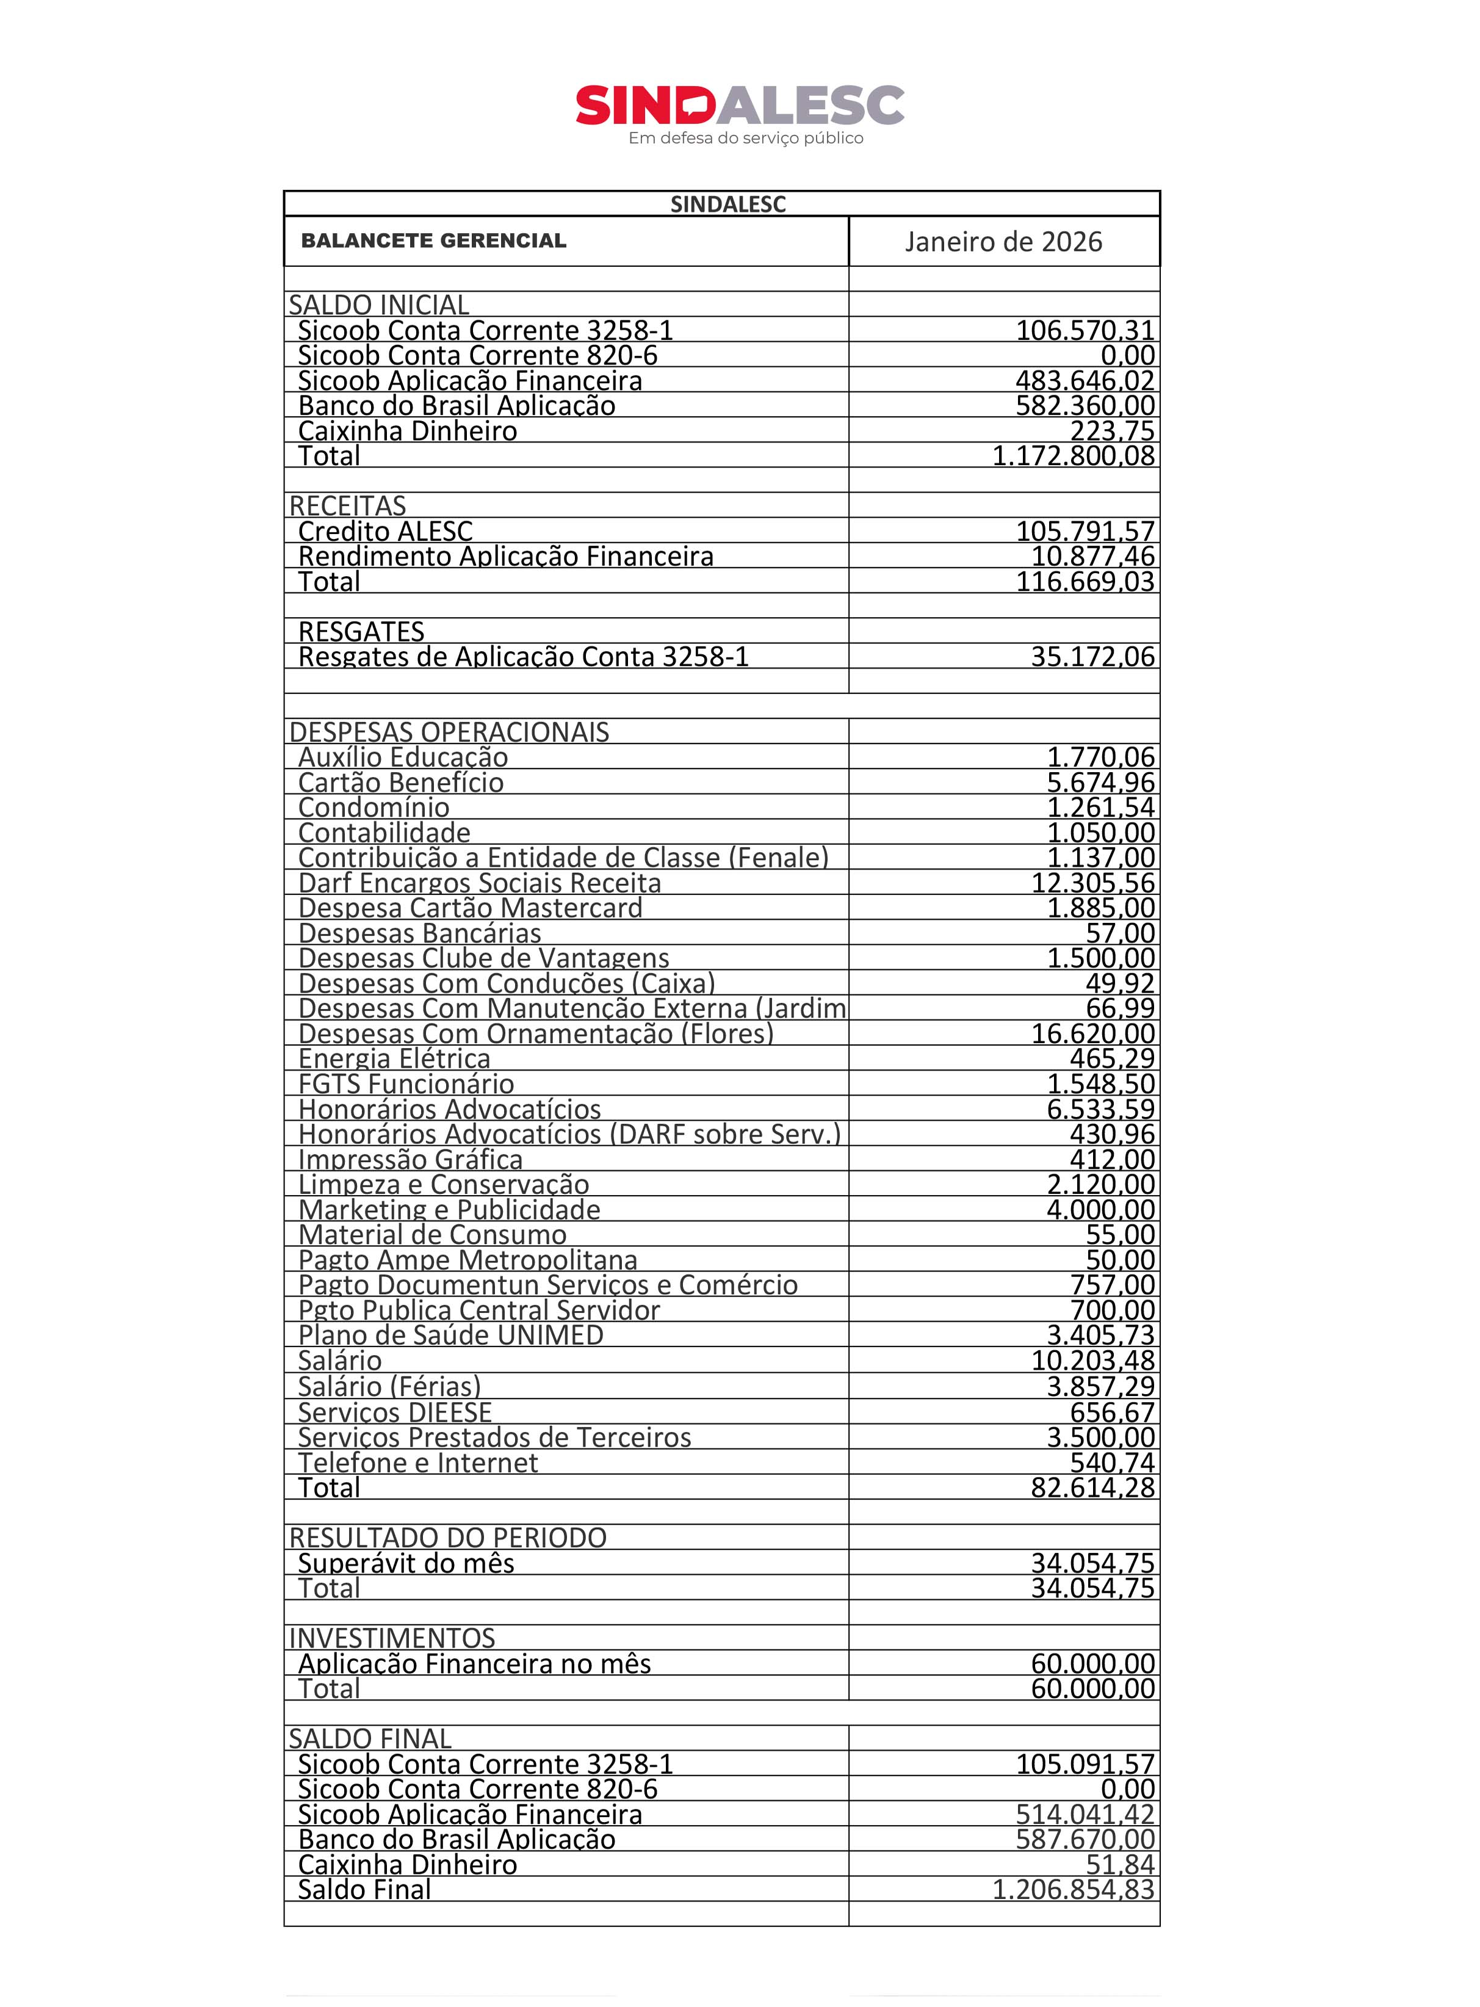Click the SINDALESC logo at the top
739,106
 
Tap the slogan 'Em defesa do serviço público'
745,138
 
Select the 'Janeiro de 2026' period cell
1003,242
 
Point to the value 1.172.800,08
1074,456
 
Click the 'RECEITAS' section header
348,505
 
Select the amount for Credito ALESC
1085,531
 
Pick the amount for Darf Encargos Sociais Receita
1092,883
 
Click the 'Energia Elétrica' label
394,1059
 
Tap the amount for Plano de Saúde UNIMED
1100,1335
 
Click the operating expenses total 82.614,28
1092,1488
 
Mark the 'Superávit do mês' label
406,1563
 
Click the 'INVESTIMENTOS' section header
391,1638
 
